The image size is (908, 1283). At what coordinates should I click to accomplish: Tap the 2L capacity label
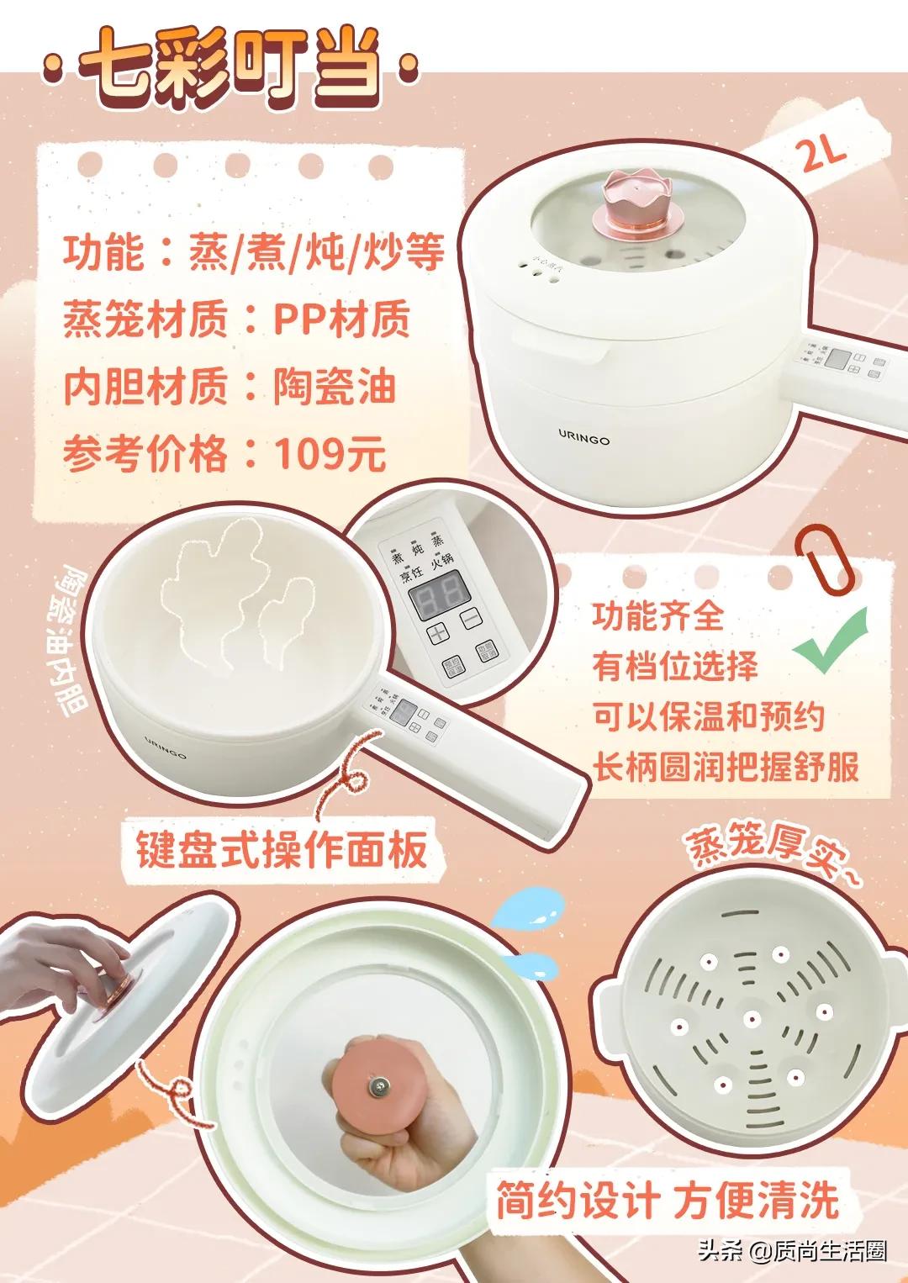[x=823, y=154]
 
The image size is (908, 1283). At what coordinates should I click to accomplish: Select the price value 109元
[x=330, y=455]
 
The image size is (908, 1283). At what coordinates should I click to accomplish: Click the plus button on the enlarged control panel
[x=438, y=632]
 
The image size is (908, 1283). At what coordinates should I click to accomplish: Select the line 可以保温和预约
[x=708, y=717]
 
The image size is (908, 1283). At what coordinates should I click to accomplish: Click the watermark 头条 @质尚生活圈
[x=791, y=1251]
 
